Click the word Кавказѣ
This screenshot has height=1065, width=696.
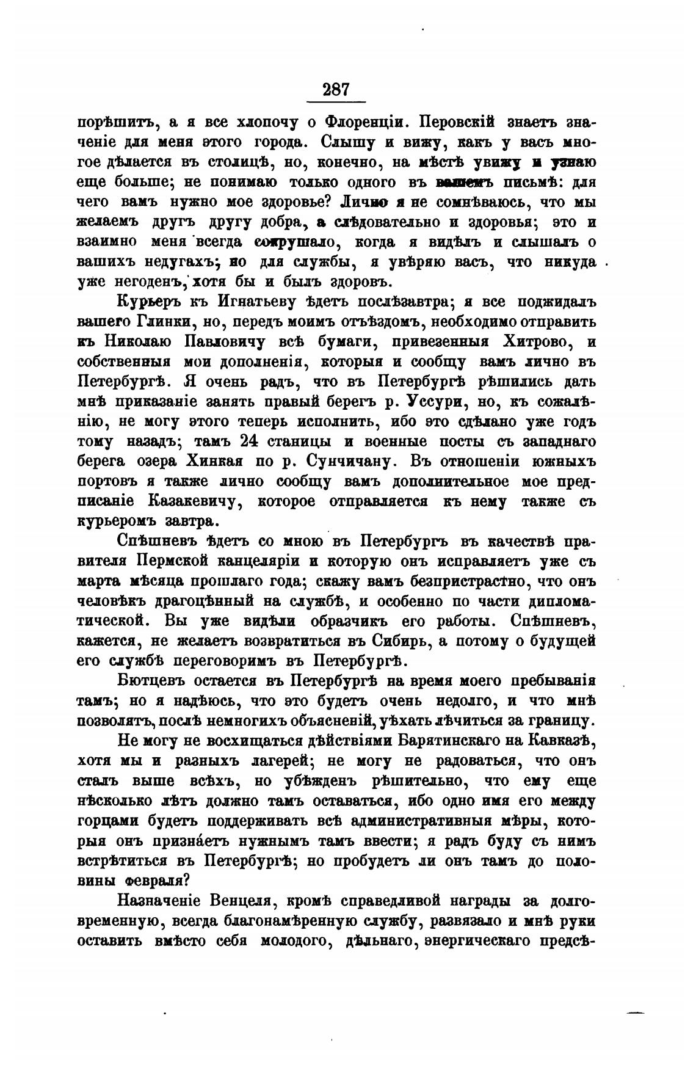(560, 741)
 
